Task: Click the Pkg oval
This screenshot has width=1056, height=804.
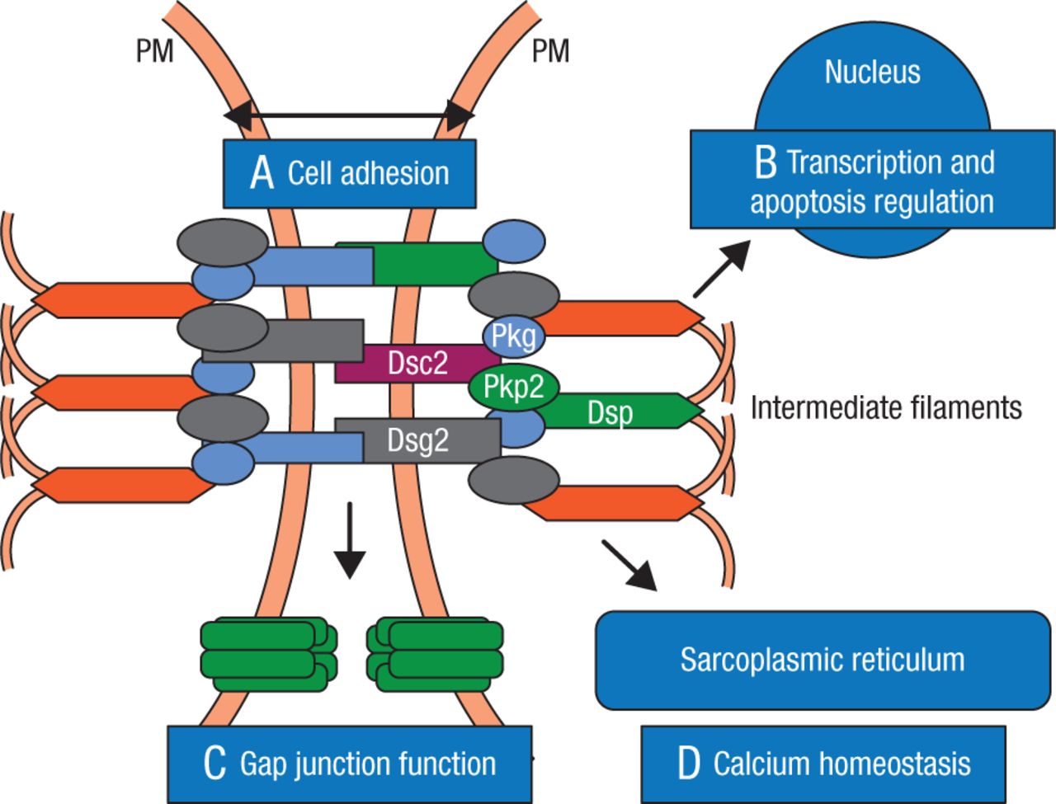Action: [x=513, y=336]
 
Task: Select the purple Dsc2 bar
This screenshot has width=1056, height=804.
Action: [x=417, y=363]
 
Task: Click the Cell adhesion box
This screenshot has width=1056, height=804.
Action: [x=350, y=173]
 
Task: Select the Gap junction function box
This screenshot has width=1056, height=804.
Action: [x=350, y=764]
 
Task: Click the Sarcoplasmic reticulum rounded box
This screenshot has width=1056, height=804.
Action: [x=823, y=660]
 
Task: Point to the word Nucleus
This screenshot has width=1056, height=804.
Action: [x=872, y=72]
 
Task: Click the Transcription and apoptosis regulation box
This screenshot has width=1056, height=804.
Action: [x=872, y=181]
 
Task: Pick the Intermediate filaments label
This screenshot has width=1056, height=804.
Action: [x=886, y=407]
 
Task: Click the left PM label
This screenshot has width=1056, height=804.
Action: [x=154, y=52]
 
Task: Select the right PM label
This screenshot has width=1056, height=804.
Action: [x=550, y=52]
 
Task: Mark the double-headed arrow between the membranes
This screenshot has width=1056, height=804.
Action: [x=350, y=115]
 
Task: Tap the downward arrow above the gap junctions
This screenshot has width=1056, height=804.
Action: [x=350, y=539]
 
